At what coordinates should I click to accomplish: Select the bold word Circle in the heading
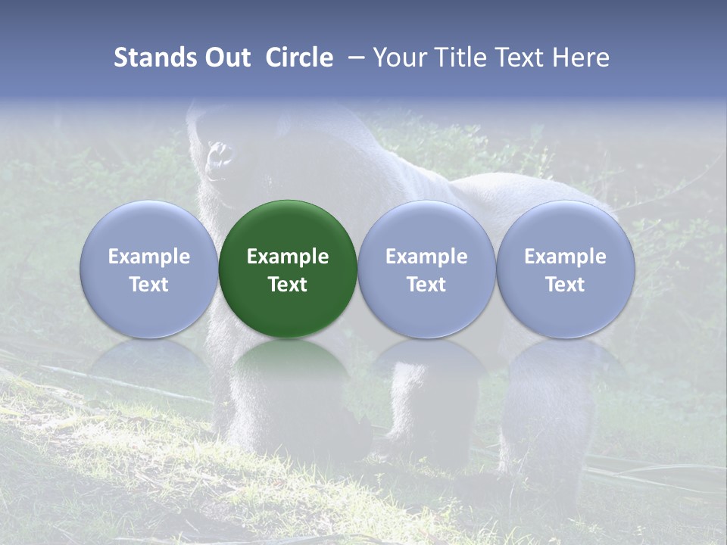pos(299,58)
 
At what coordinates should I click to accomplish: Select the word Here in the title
pos(582,58)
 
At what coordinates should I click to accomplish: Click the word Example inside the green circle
pos(288,257)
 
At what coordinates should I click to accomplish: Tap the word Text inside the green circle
pos(288,285)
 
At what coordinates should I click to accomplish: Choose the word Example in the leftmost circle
pos(149,257)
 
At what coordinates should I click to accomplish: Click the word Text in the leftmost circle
pos(149,285)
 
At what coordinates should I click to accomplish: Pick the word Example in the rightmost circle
pos(565,257)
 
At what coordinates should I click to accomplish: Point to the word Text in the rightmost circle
pos(565,285)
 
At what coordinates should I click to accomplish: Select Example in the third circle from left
pos(426,257)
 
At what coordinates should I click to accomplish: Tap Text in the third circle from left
pos(426,285)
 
